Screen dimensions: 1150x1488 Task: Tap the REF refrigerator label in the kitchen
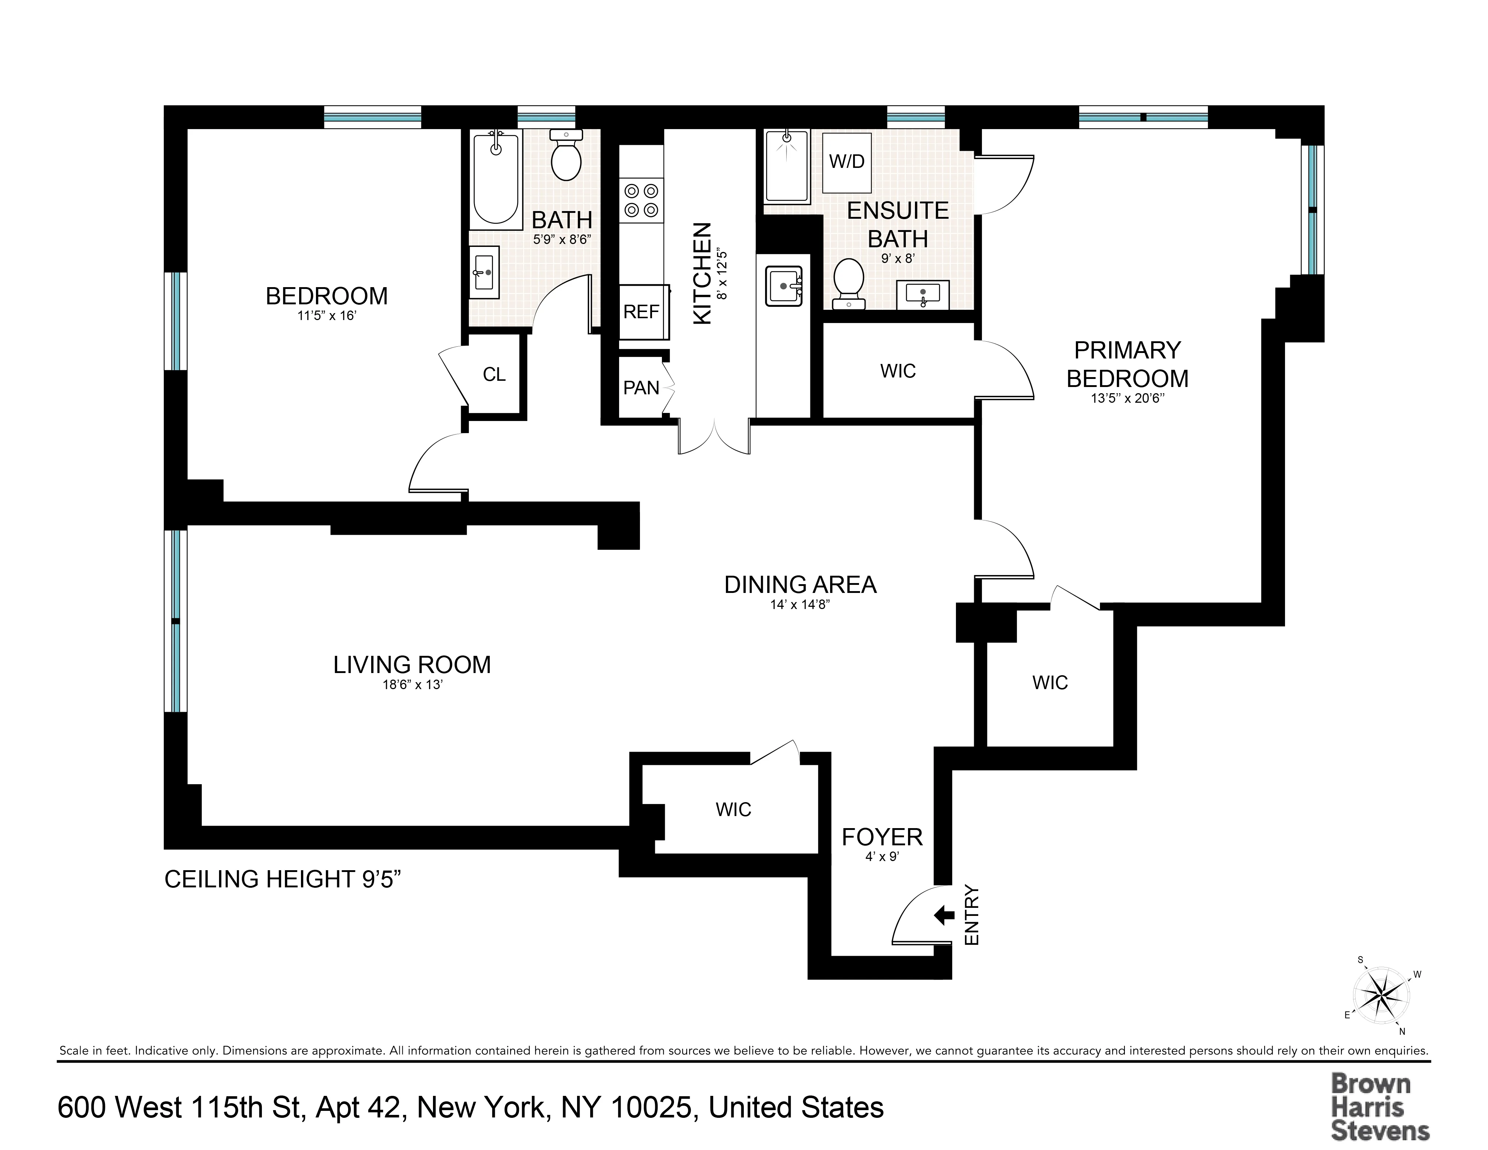[641, 312]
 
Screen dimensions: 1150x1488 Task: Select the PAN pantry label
[641, 388]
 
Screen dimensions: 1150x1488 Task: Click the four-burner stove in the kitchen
[641, 200]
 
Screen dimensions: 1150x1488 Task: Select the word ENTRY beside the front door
[972, 915]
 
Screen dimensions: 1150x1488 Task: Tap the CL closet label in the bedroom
[494, 375]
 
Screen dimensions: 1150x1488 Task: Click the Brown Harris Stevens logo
[1380, 1107]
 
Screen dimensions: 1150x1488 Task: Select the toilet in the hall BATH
[565, 157]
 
